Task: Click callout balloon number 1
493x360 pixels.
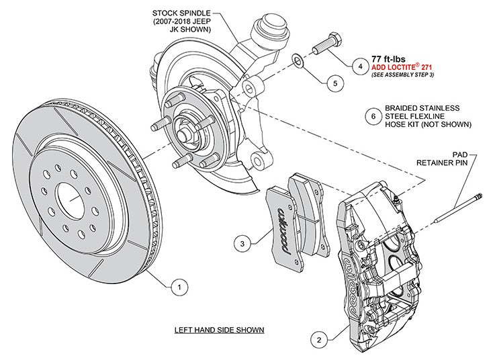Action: point(178,287)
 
